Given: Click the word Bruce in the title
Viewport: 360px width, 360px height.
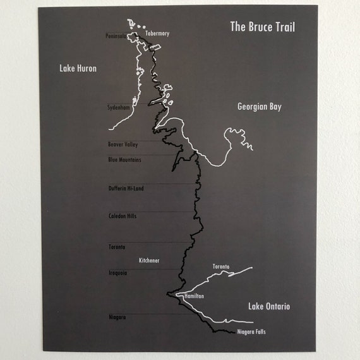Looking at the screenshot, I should pyautogui.click(x=262, y=27).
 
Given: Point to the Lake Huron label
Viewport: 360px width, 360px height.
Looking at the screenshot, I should pyautogui.click(x=78, y=68).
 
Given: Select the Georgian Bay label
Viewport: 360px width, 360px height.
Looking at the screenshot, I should pyautogui.click(x=259, y=107).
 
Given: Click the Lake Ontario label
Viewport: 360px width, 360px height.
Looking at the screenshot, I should pyautogui.click(x=269, y=306).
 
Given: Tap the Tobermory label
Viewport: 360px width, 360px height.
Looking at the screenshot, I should pyautogui.click(x=157, y=33).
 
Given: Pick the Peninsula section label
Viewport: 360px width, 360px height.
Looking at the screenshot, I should pyautogui.click(x=117, y=36).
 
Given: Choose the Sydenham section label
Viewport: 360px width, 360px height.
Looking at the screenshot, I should pyautogui.click(x=119, y=108).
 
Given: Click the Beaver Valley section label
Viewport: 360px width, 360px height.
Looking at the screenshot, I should pyautogui.click(x=123, y=145).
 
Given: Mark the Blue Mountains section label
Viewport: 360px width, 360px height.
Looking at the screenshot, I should pyautogui.click(x=124, y=160).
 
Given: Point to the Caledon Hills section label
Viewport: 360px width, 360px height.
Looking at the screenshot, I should pyautogui.click(x=123, y=216).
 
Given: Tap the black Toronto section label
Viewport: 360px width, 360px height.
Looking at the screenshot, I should pyautogui.click(x=117, y=247).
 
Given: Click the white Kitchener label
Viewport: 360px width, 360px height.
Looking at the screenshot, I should pyautogui.click(x=149, y=260).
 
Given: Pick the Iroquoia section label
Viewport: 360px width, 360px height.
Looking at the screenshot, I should pyautogui.click(x=117, y=273).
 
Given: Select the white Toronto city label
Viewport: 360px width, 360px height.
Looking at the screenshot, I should pyautogui.click(x=221, y=267).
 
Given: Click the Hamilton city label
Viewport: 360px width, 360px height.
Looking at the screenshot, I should pyautogui.click(x=195, y=296).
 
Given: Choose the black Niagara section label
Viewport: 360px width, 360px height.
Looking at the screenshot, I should pyautogui.click(x=117, y=317).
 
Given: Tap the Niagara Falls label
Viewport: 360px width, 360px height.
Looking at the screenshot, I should pyautogui.click(x=252, y=332).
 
